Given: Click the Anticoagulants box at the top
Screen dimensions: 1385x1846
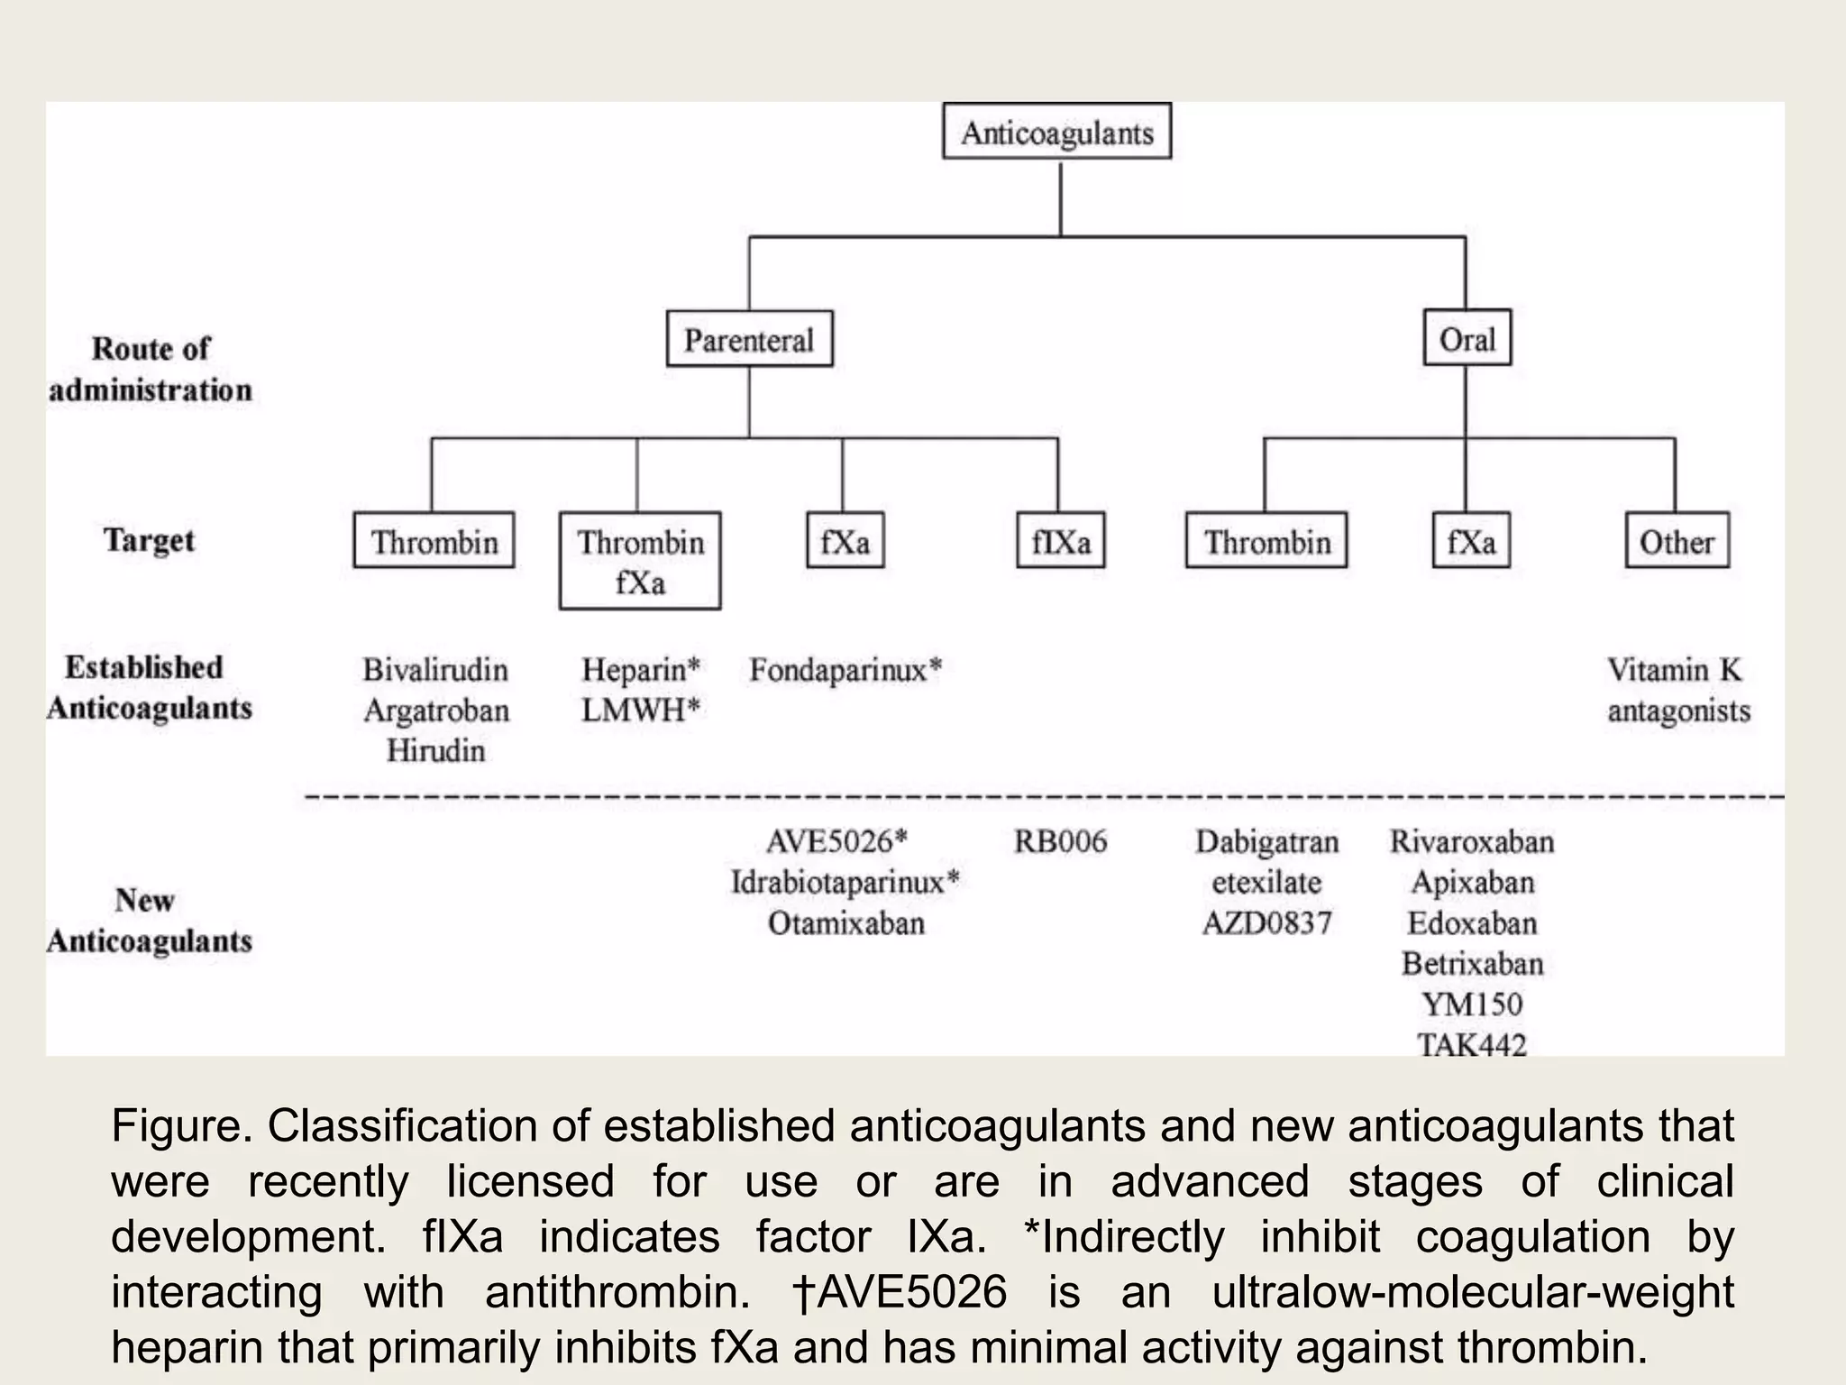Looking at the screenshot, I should [x=1056, y=132].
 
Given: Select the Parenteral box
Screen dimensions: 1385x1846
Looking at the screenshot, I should [x=749, y=339].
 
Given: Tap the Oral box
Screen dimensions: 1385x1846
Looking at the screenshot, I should [x=1467, y=338].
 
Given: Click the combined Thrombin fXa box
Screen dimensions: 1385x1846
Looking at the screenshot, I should [x=640, y=561].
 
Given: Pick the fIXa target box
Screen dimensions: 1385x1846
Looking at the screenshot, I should [x=1060, y=541].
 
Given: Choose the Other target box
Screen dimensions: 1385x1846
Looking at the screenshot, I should [x=1677, y=541].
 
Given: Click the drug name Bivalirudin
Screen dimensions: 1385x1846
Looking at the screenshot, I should [x=435, y=670].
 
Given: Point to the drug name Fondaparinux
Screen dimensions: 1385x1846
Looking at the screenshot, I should [x=844, y=670].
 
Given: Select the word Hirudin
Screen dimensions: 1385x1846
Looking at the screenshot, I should [x=435, y=750].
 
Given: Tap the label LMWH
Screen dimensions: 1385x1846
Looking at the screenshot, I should [x=638, y=711].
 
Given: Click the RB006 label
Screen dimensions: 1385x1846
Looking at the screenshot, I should [x=1060, y=841].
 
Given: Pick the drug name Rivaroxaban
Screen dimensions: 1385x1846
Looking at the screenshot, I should [x=1472, y=841].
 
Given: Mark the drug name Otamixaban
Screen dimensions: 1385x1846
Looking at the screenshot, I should [x=845, y=923].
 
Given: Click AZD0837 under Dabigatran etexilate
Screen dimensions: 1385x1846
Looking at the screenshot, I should [x=1266, y=923].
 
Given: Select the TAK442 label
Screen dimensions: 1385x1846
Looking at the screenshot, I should [x=1472, y=1044].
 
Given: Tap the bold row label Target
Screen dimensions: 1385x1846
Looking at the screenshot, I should [x=149, y=540].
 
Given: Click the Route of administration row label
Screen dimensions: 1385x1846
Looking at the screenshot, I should [x=150, y=370].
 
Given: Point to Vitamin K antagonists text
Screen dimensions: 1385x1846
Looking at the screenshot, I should [x=1677, y=690].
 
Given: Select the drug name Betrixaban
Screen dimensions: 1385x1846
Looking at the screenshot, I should [x=1472, y=964].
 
